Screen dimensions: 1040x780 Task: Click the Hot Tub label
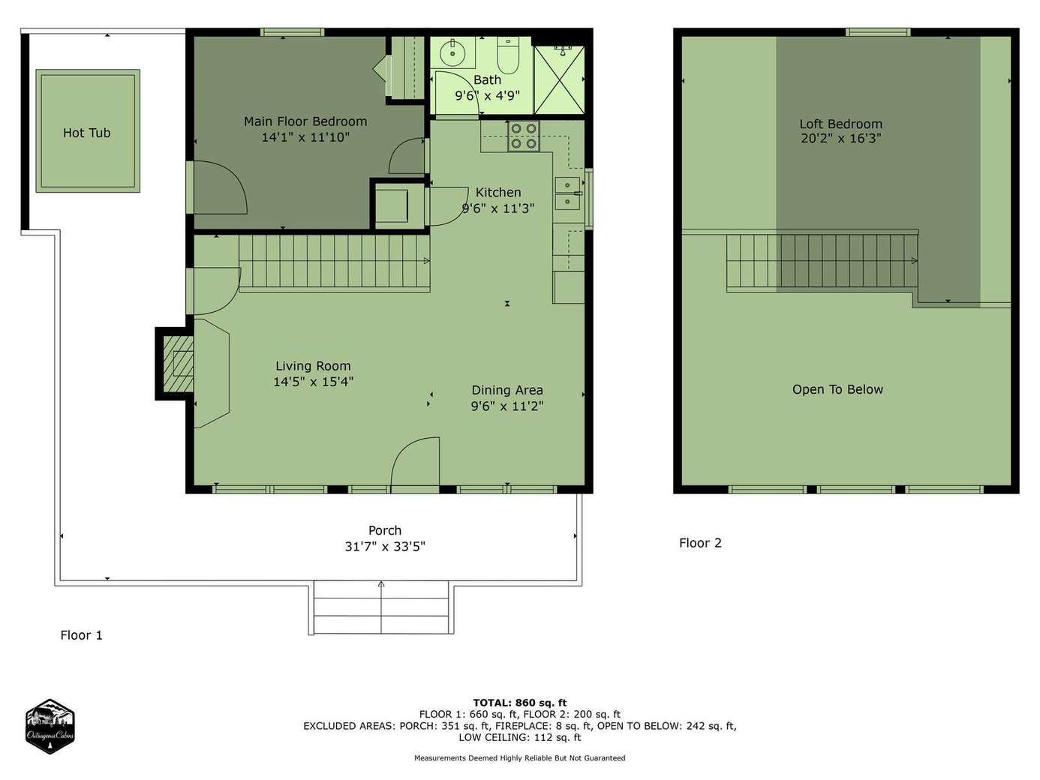click(87, 133)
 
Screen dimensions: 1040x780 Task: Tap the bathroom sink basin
click(452, 53)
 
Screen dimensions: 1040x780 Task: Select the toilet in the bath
click(509, 56)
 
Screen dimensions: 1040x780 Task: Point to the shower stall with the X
click(559, 80)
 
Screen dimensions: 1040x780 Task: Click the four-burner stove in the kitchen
click(524, 136)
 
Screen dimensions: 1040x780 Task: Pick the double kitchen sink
click(567, 193)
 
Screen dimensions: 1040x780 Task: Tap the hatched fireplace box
click(178, 364)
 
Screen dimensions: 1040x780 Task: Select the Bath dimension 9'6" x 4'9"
click(488, 96)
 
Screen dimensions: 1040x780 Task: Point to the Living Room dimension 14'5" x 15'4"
click(313, 382)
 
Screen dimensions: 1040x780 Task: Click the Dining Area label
click(507, 390)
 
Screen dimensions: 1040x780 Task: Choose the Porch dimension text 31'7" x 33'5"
click(385, 547)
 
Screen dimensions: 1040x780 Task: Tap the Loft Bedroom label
click(841, 124)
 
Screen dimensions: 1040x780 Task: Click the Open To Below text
click(837, 389)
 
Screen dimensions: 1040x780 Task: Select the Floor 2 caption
click(700, 543)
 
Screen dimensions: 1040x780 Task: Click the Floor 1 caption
click(82, 635)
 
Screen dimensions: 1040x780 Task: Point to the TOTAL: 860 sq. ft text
click(520, 703)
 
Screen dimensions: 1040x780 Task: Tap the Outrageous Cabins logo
click(50, 726)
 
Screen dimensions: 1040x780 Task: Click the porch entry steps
click(381, 607)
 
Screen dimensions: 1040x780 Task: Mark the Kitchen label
click(498, 192)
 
